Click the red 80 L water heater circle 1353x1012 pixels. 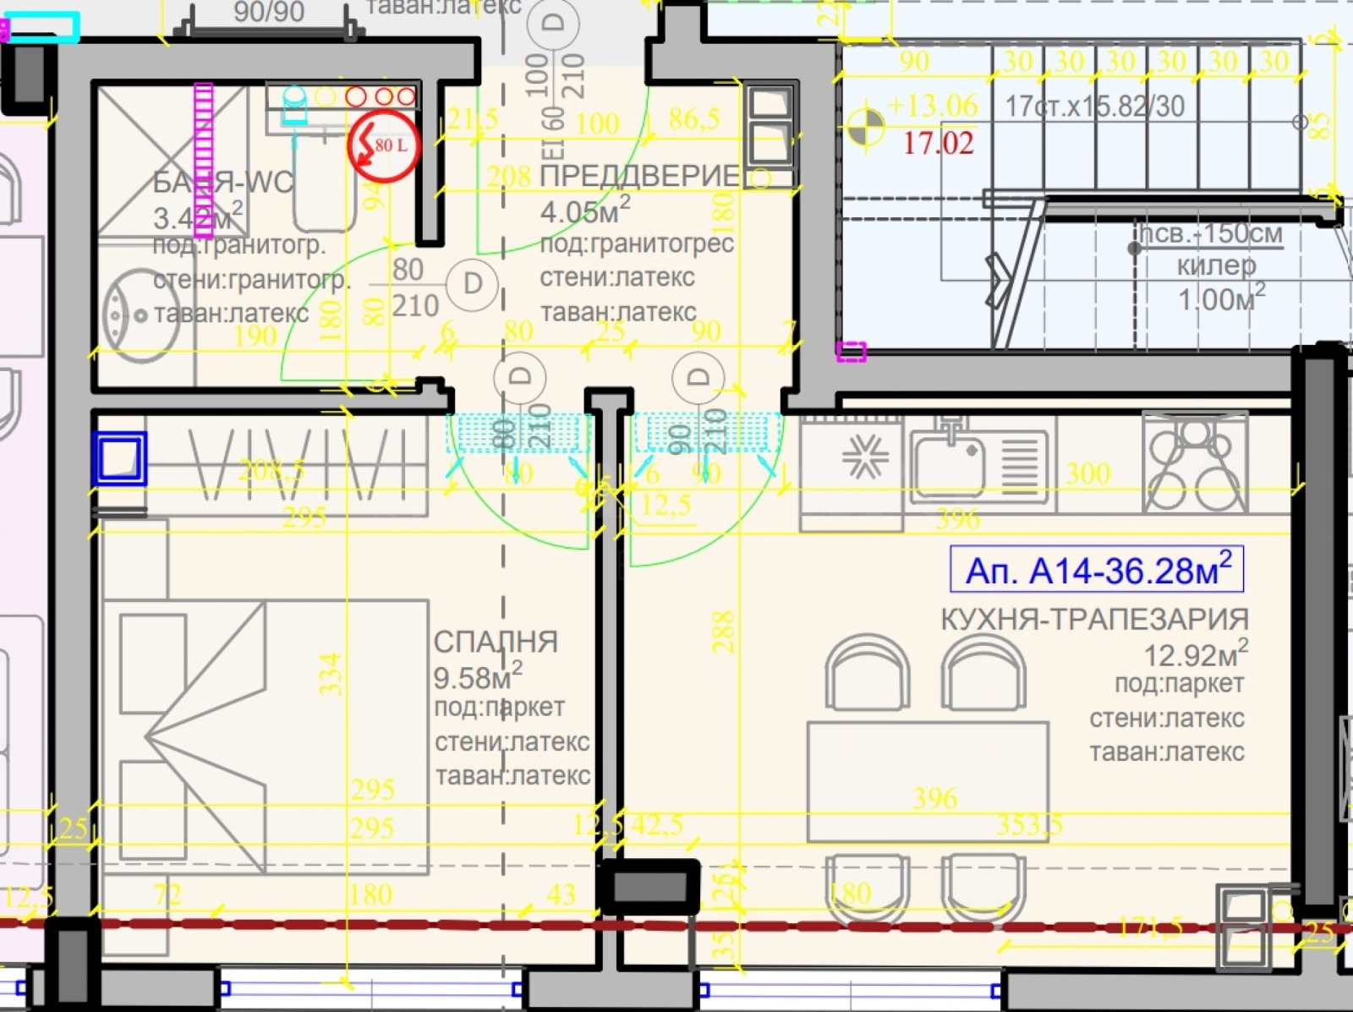click(x=383, y=146)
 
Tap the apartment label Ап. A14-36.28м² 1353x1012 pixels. click(x=1097, y=571)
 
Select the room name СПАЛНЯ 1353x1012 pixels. click(x=496, y=642)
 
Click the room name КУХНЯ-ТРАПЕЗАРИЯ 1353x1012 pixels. click(x=1094, y=619)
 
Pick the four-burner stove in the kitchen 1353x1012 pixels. click(x=1194, y=462)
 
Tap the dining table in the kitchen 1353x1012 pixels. click(x=928, y=781)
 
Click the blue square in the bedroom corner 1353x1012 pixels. click(x=119, y=458)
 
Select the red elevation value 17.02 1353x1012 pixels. click(x=938, y=143)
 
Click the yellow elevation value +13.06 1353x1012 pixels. click(x=932, y=107)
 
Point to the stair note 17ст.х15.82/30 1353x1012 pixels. click(x=1094, y=107)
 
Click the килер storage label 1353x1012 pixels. click(x=1216, y=265)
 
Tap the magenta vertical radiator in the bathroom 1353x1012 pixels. click(x=204, y=159)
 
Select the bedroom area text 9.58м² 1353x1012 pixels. click(x=477, y=676)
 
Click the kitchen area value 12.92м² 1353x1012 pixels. click(x=1195, y=654)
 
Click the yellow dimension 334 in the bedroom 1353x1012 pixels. click(x=331, y=673)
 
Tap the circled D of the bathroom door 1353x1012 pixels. click(x=472, y=283)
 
